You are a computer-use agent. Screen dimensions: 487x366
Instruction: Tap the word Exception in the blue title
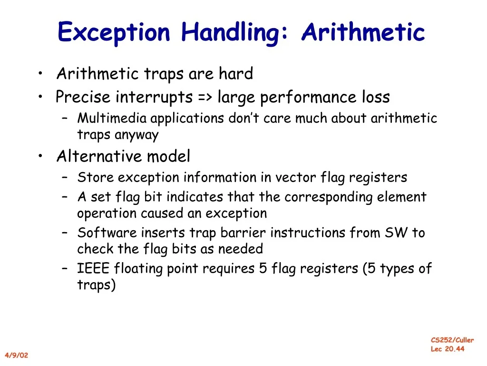(114, 33)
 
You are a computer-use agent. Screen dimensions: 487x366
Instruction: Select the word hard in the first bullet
(236, 73)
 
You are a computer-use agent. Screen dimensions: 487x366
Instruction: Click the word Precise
(83, 96)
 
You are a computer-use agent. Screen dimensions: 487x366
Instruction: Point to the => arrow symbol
(205, 97)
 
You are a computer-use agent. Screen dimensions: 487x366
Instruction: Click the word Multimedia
(112, 118)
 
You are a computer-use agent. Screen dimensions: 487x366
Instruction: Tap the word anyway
(136, 135)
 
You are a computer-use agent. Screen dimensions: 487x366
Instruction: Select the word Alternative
(99, 156)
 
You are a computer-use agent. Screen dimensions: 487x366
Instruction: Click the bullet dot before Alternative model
(40, 156)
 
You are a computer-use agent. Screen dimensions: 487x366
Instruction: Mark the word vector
(296, 177)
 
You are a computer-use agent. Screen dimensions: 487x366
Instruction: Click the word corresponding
(328, 197)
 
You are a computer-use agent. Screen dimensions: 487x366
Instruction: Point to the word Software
(107, 233)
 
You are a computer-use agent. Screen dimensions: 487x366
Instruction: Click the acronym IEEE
(93, 268)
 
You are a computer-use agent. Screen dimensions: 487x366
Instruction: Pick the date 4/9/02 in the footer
(17, 355)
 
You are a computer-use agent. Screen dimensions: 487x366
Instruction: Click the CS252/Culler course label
(452, 340)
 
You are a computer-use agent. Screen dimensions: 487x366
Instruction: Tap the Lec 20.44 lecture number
(448, 349)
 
